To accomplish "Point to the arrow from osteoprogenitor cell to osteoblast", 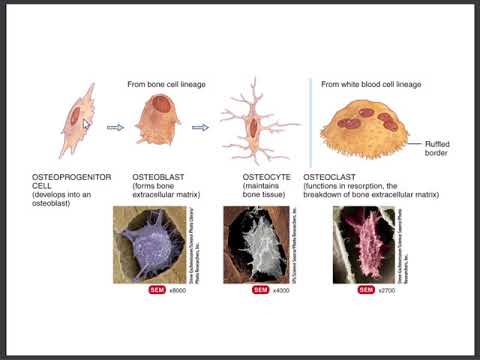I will click(x=115, y=127).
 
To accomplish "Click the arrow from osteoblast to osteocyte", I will click(x=200, y=127).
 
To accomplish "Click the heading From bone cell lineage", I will click(x=166, y=84).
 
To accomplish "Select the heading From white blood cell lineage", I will click(x=371, y=84).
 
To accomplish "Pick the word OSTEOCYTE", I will click(x=266, y=177).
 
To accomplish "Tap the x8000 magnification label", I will click(x=179, y=290).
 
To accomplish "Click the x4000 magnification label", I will click(x=283, y=290).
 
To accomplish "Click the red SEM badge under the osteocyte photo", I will click(x=260, y=290).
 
